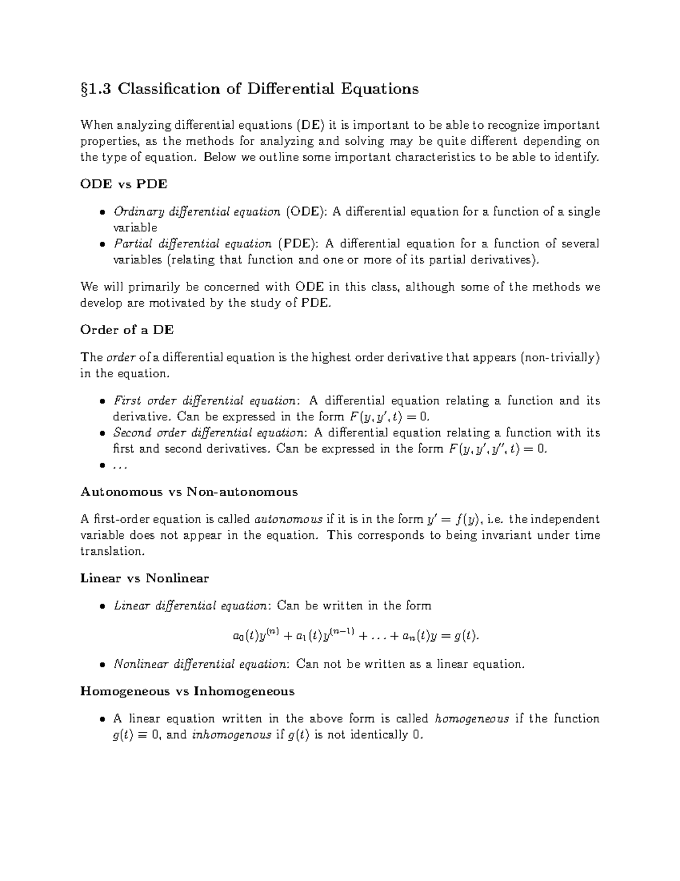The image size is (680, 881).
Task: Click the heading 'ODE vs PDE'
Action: pos(124,184)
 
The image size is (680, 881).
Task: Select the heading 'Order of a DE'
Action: pos(127,330)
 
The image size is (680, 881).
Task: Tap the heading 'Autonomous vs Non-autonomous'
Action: pos(189,491)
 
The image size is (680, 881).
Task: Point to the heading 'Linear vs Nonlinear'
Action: pos(144,579)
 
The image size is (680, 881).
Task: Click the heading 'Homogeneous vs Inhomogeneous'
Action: pos(188,691)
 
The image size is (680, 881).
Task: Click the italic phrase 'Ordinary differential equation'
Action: pos(197,212)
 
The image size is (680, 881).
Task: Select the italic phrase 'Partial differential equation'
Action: pos(193,244)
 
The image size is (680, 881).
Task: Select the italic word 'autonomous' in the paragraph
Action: pos(289,519)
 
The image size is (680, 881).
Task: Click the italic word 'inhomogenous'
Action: pos(231,735)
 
